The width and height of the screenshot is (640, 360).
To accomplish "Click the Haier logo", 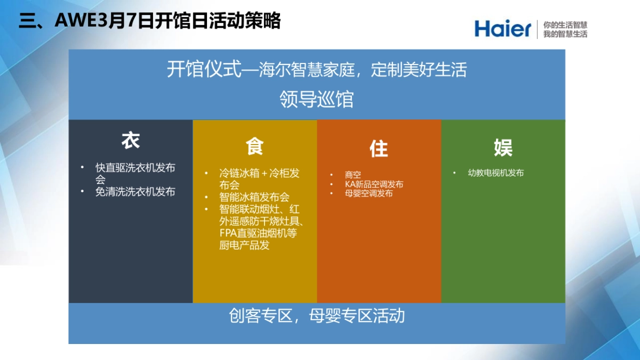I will click(502, 29).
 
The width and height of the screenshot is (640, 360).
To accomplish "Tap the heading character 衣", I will click(131, 141).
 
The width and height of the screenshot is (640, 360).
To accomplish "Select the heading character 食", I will click(254, 146).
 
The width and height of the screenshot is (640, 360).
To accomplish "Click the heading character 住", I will click(379, 149).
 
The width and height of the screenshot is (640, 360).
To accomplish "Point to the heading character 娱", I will click(503, 148).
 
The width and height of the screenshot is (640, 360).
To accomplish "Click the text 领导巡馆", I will click(317, 99).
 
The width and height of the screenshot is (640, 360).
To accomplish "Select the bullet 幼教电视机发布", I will click(496, 173).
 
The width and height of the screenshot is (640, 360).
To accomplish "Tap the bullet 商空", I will click(353, 174).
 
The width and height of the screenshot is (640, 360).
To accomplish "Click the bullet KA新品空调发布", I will click(374, 184).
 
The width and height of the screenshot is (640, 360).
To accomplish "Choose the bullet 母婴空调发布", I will click(369, 193).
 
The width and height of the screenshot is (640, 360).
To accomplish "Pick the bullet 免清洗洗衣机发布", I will click(135, 191).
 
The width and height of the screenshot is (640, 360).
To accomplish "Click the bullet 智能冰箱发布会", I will click(254, 197).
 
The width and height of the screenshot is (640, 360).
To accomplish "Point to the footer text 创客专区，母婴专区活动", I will click(317, 316).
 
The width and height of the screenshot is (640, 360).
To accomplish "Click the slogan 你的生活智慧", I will click(565, 25).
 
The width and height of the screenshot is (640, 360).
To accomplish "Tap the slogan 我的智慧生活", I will click(565, 34).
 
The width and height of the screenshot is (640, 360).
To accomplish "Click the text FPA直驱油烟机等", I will click(258, 233).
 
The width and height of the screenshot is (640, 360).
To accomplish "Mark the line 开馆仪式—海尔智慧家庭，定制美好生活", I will click(317, 70).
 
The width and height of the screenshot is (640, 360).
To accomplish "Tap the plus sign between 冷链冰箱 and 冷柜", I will click(264, 173).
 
